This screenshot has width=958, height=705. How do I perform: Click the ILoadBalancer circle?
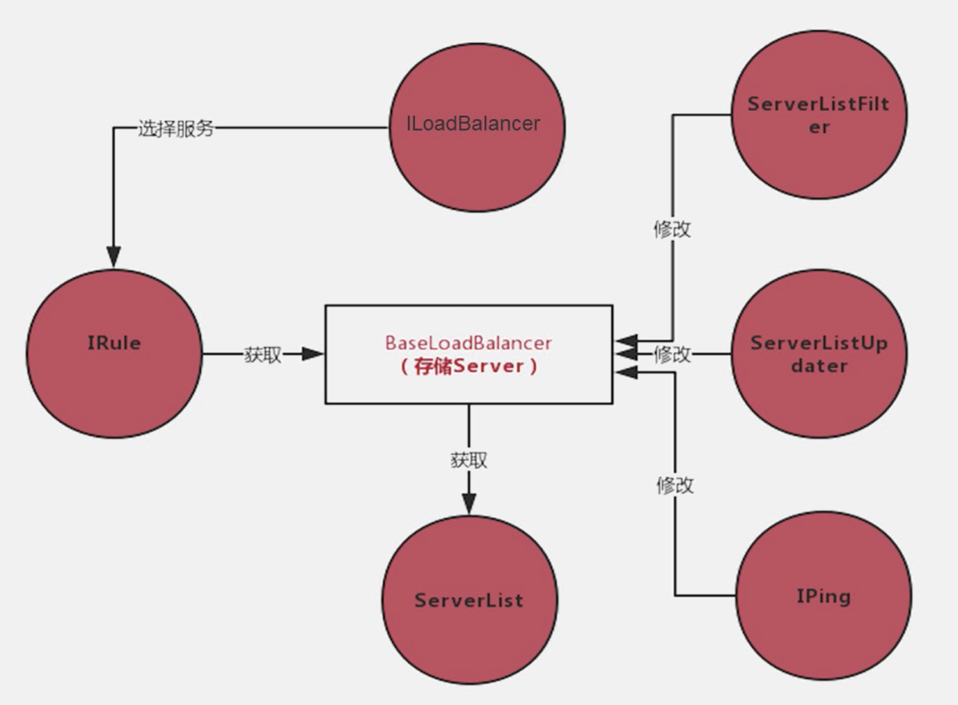pyautogui.click(x=477, y=128)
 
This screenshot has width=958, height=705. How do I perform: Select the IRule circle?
pyautogui.click(x=114, y=354)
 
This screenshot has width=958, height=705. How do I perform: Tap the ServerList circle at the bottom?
pyautogui.click(x=469, y=600)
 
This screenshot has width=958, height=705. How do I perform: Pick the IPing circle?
pyautogui.click(x=823, y=596)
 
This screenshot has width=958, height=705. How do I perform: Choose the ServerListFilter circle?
pyautogui.click(x=819, y=115)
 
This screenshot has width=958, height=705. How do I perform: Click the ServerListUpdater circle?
pyautogui.click(x=819, y=354)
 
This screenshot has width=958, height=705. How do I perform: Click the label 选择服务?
pyautogui.click(x=176, y=128)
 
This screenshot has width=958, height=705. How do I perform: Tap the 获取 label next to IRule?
pyautogui.click(x=263, y=354)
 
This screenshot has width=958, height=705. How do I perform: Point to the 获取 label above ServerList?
pyautogui.click(x=469, y=460)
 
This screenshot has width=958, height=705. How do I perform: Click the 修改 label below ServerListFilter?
pyautogui.click(x=672, y=229)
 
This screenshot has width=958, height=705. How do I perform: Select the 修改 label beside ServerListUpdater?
pyautogui.click(x=673, y=354)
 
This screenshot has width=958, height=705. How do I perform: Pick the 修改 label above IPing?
pyautogui.click(x=675, y=485)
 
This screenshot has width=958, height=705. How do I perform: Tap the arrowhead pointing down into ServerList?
pyautogui.click(x=469, y=503)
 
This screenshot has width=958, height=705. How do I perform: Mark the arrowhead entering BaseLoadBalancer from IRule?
pyautogui.click(x=313, y=354)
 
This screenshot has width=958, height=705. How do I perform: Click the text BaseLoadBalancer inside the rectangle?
pyautogui.click(x=469, y=343)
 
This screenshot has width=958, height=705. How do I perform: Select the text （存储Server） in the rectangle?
pyautogui.click(x=469, y=366)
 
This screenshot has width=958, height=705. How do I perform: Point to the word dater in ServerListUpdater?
pyautogui.click(x=819, y=366)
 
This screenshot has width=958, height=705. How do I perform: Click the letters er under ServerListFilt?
pyautogui.click(x=819, y=128)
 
